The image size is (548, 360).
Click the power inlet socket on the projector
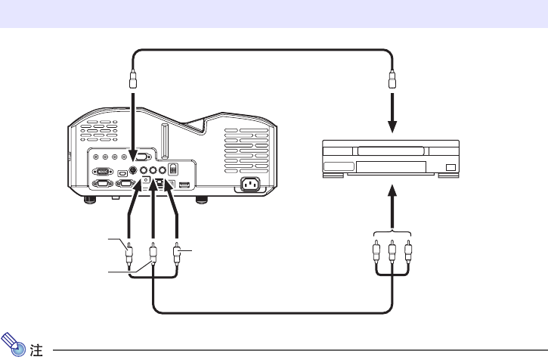coord(252,184)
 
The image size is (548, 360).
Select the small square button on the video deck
coord(451,166)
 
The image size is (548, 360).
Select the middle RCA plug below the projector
coord(153,252)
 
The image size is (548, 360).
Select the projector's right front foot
coord(201,200)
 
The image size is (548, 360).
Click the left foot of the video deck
coord(333,179)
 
